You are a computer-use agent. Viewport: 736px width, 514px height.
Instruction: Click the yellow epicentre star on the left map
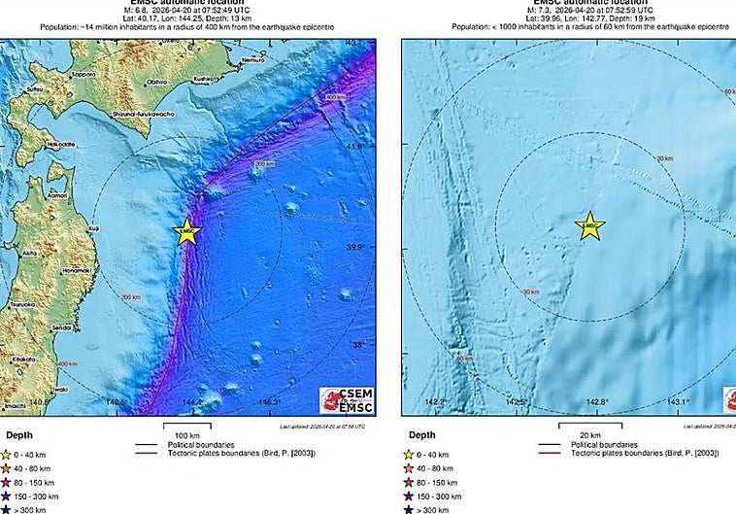(187, 231)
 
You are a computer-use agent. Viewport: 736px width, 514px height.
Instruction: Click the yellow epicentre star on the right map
(589, 226)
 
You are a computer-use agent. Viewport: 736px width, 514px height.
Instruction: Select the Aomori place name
(57, 195)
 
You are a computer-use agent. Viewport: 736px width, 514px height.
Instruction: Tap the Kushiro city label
(203, 78)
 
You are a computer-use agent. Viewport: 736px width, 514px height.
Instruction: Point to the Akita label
(29, 252)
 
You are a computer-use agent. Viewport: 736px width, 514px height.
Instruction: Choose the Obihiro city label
(158, 83)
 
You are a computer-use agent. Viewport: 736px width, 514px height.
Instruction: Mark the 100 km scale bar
(188, 427)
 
